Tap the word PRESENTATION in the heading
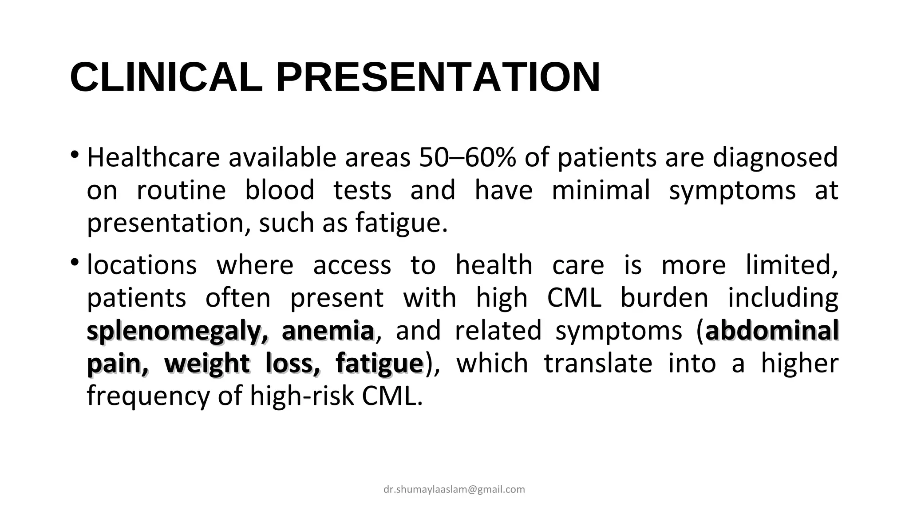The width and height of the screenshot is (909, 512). [438, 77]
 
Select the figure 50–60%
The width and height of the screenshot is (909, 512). [467, 157]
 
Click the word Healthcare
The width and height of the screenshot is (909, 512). [153, 157]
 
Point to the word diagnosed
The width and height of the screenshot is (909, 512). [775, 158]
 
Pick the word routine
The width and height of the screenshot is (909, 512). [181, 190]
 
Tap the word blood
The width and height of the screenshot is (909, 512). [280, 190]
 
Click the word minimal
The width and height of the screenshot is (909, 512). [601, 190]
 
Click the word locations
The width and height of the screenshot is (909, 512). [142, 265]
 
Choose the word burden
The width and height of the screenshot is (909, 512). [664, 298]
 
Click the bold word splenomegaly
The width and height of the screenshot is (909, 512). [178, 332]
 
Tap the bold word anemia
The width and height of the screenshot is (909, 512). [328, 331]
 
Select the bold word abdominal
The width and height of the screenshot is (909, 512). [772, 331]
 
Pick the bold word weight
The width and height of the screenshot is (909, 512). [207, 364]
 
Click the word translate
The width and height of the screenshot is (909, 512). [598, 363]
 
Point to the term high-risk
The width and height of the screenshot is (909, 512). [302, 396]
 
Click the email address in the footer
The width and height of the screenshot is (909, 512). [454, 489]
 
